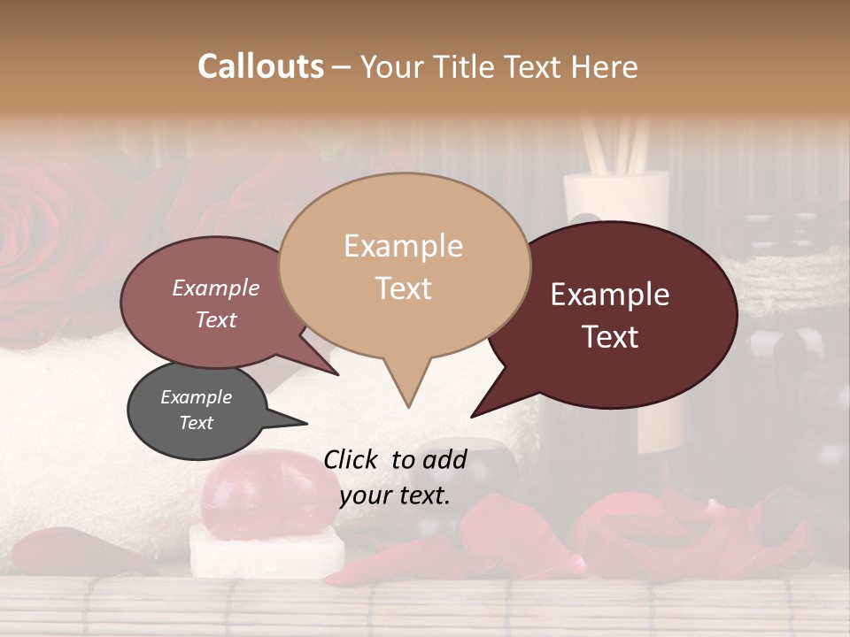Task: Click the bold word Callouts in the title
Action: click(260, 66)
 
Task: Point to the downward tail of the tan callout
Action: click(407, 389)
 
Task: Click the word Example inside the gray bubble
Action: click(197, 397)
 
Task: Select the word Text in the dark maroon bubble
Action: click(611, 337)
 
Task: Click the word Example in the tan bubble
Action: click(404, 246)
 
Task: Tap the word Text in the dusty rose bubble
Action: click(216, 319)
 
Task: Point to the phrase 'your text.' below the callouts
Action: click(395, 495)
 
